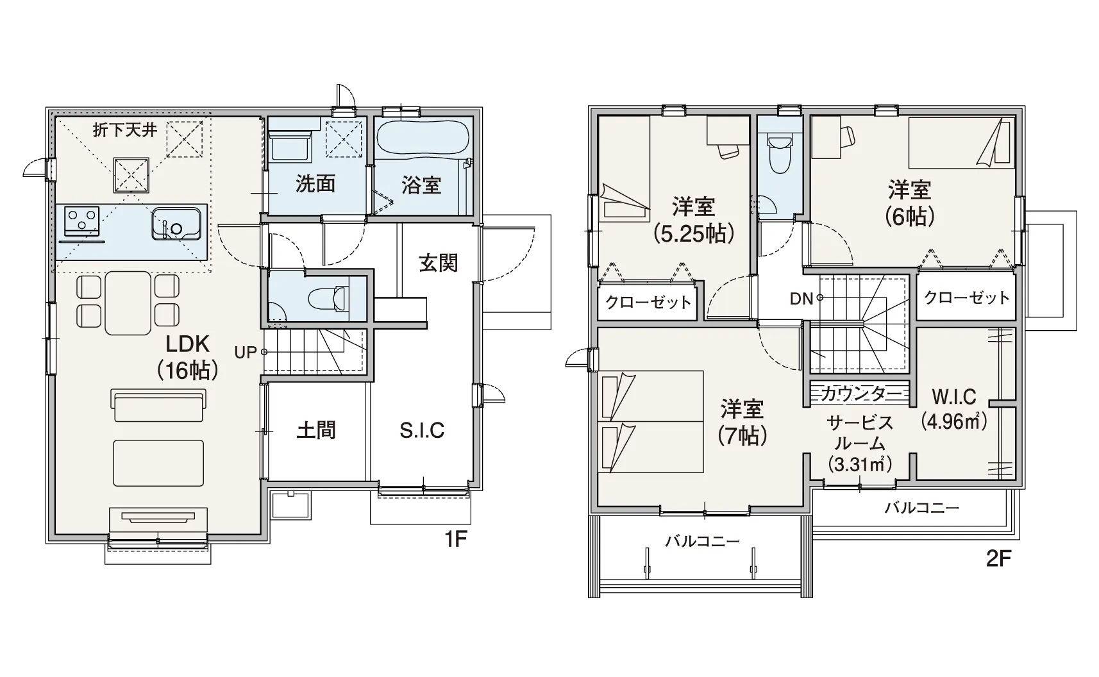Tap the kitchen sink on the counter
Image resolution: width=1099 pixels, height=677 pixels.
pyautogui.click(x=176, y=224)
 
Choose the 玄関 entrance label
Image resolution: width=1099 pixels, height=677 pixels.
pyautogui.click(x=438, y=263)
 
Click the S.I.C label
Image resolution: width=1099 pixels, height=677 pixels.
pyautogui.click(x=422, y=430)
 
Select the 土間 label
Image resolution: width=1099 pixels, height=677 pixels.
pyautogui.click(x=317, y=430)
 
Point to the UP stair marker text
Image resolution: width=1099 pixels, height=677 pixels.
pyautogui.click(x=246, y=352)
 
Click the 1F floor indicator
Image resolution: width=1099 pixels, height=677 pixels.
pyautogui.click(x=455, y=540)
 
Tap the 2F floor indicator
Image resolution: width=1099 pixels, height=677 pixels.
pyautogui.click(x=999, y=559)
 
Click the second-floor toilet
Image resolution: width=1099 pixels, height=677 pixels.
pyautogui.click(x=780, y=155)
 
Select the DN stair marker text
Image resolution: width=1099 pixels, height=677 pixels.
pyautogui.click(x=801, y=298)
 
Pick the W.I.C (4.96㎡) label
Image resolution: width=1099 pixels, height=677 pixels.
pyautogui.click(x=954, y=408)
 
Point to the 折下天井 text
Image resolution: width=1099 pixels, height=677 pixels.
pyautogui.click(x=125, y=130)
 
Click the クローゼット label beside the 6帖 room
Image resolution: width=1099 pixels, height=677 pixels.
pyautogui.click(x=966, y=297)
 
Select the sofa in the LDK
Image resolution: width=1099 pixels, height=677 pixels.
pyautogui.click(x=158, y=406)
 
